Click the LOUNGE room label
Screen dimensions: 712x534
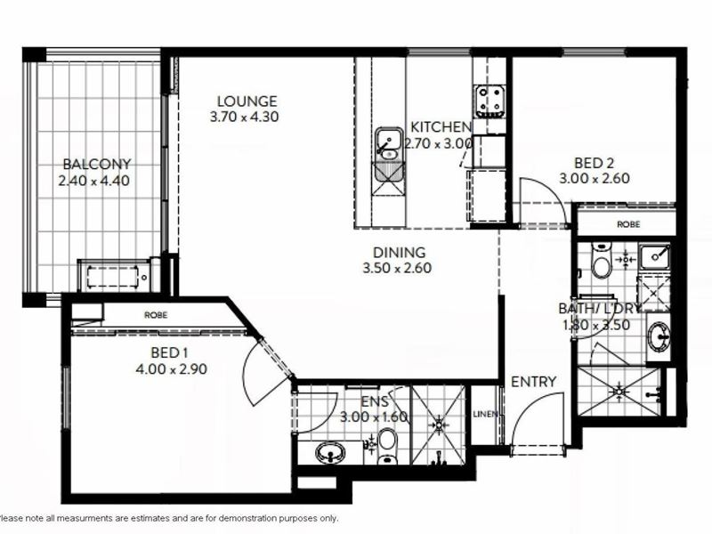(x=247, y=101)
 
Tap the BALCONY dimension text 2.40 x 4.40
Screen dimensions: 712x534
(x=94, y=181)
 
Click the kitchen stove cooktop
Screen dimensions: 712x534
(x=489, y=100)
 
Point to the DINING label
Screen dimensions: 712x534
(x=399, y=252)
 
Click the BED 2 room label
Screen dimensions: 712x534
(x=594, y=163)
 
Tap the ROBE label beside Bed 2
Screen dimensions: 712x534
(x=629, y=224)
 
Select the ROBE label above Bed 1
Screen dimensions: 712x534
(x=156, y=315)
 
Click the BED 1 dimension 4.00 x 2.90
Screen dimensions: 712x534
(x=172, y=368)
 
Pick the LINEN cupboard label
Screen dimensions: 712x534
(x=485, y=414)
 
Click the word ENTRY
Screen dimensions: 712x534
(x=533, y=382)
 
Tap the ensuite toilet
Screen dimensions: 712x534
(x=387, y=446)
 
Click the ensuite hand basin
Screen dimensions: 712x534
(x=330, y=453)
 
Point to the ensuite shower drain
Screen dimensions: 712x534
(x=439, y=425)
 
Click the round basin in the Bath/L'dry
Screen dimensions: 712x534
(x=658, y=336)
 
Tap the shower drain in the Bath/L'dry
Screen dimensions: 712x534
(x=619, y=391)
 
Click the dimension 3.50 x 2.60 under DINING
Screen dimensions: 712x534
(x=397, y=268)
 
